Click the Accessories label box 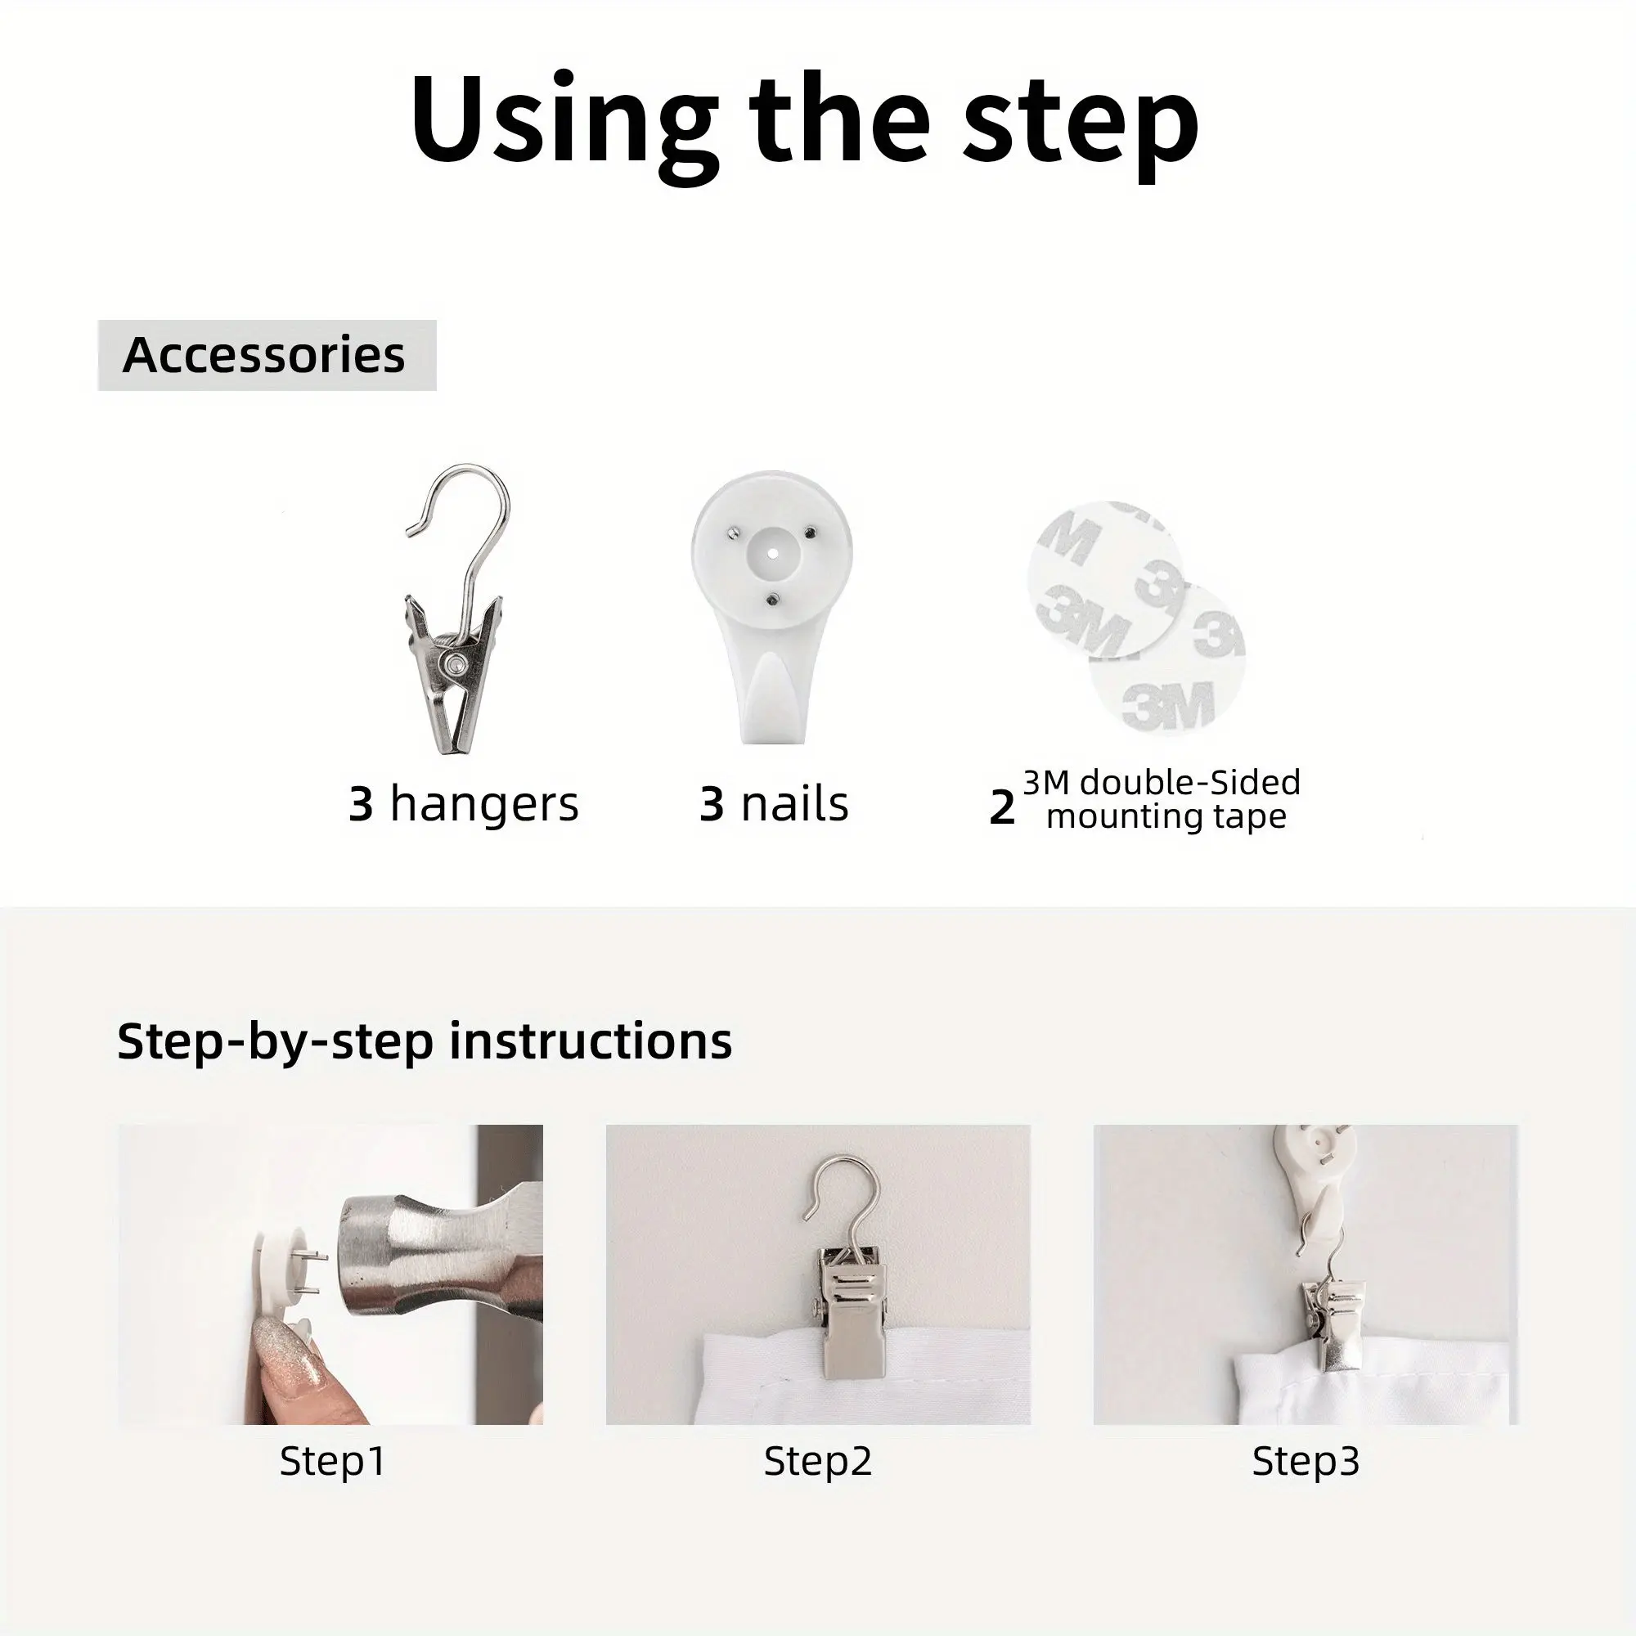267,355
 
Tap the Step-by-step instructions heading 425,1040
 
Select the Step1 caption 333,1462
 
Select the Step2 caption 818,1462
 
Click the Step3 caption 1306,1462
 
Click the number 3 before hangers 361,804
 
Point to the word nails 794,803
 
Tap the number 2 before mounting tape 1002,808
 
